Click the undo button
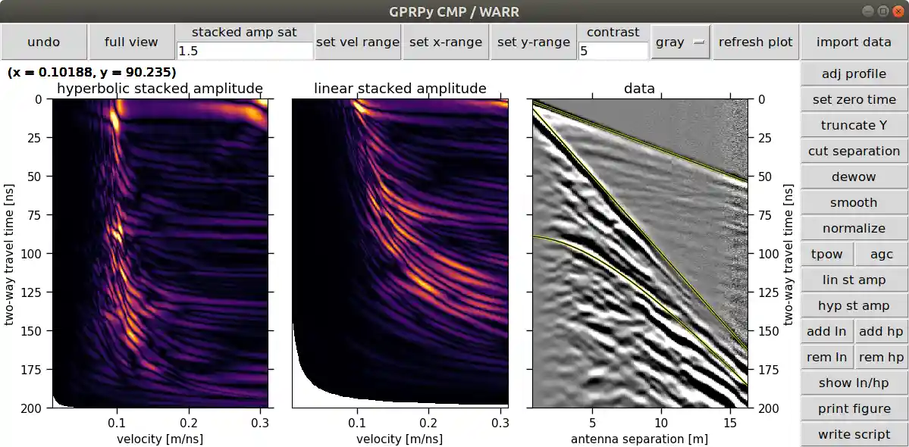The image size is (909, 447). tap(43, 42)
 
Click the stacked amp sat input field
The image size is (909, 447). tap(244, 51)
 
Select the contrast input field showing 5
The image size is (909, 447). tap(613, 51)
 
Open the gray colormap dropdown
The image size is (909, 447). tap(680, 42)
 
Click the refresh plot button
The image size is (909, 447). tap(755, 42)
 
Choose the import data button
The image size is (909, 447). tap(854, 42)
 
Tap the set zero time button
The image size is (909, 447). tap(854, 100)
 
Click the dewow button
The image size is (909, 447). tap(854, 177)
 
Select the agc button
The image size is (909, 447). tap(881, 255)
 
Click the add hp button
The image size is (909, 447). tap(881, 332)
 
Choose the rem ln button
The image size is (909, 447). tap(826, 358)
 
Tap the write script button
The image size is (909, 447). tap(854, 435)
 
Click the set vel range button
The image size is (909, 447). tap(357, 42)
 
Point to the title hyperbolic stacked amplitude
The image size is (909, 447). tap(160, 89)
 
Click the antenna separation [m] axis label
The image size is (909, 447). tap(639, 439)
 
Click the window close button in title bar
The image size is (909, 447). tap(898, 11)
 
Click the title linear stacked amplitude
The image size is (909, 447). tap(400, 89)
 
